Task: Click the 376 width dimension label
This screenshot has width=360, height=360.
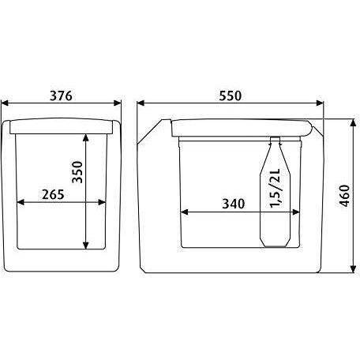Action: click(61, 96)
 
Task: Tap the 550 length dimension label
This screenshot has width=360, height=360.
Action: click(230, 96)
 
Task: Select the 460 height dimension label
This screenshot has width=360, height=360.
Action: click(344, 196)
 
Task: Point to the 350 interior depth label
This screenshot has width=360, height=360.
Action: click(77, 172)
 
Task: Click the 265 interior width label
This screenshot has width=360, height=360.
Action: click(53, 195)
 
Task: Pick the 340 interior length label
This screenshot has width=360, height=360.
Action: click(234, 204)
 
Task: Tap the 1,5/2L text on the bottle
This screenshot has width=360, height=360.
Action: click(276, 188)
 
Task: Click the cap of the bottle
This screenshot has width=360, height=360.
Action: click(275, 141)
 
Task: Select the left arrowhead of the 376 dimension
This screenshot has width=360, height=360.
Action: click(5, 103)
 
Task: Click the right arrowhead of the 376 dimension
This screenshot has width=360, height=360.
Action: click(117, 103)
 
